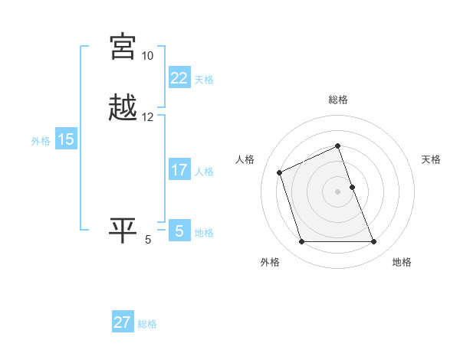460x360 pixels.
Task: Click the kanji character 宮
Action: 123,47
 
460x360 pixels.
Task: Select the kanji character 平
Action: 123,231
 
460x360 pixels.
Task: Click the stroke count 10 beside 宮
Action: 147,56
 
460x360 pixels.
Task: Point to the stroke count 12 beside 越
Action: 147,117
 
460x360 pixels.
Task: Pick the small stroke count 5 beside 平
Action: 148,240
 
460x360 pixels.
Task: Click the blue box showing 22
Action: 179,78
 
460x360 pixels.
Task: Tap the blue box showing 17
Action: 179,170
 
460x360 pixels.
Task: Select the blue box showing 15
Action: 66,139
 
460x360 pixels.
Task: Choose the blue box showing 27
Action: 123,322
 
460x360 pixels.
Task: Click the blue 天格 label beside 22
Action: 204,80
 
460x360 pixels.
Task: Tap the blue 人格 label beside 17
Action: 204,172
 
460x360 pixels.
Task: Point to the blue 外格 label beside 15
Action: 40,141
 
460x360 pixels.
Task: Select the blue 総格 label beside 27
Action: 147,324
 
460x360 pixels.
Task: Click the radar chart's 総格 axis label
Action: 338,100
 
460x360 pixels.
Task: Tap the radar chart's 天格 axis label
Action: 431,159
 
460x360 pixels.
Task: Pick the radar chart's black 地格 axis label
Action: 402,262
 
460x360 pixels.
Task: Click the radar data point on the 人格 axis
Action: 280,172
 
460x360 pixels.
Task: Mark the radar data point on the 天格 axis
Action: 352,187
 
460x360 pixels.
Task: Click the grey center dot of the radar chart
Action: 338,191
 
